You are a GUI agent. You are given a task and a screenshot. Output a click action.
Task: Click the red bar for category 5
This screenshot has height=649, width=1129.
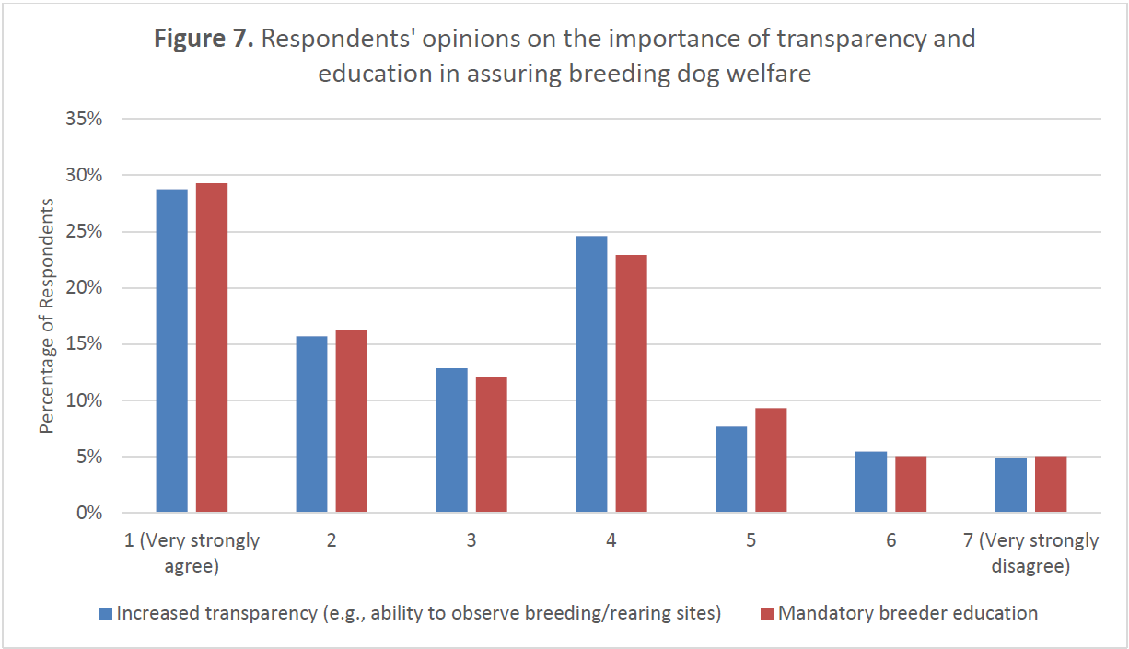[771, 459]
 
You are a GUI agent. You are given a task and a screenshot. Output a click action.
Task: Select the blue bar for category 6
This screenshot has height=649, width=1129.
[871, 481]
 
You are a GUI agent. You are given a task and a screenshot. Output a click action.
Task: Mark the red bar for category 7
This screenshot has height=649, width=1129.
[1051, 484]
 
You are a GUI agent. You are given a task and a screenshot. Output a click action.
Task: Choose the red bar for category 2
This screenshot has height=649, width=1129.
[351, 421]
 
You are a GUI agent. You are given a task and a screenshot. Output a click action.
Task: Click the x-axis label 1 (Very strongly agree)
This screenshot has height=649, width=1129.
[192, 553]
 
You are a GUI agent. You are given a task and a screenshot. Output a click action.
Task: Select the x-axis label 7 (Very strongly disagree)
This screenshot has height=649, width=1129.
[1030, 553]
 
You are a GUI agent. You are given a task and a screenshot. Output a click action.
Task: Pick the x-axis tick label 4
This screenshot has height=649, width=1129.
[611, 540]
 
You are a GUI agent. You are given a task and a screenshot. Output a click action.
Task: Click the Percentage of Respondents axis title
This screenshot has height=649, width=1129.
[47, 315]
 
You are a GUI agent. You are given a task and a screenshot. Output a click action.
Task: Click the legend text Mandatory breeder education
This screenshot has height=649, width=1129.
[907, 613]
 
